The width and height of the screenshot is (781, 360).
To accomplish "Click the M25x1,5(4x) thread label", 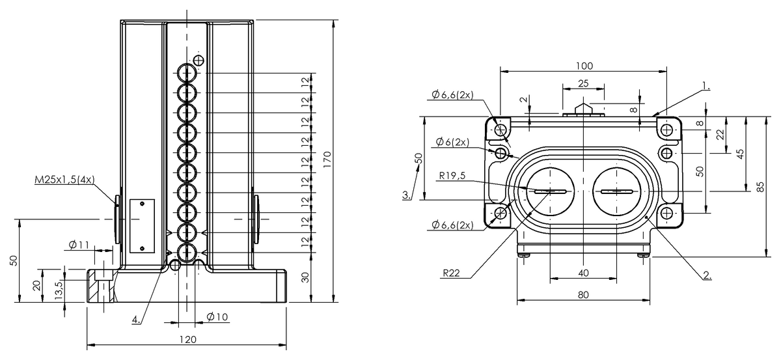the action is click(x=64, y=180).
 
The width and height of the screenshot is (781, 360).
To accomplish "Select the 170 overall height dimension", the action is click(x=327, y=159).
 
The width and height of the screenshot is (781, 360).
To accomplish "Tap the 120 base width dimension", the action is click(x=188, y=339).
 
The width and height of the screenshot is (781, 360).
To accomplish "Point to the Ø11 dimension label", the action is click(x=79, y=245).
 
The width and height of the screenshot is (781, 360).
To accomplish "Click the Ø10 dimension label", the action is click(x=217, y=317).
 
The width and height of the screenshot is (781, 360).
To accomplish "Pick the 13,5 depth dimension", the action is click(x=59, y=290).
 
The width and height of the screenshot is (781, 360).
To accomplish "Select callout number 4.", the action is click(x=136, y=319).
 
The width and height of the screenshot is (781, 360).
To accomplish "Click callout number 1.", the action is click(x=706, y=85).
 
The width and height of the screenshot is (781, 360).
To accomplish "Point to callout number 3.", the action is click(x=407, y=195).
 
